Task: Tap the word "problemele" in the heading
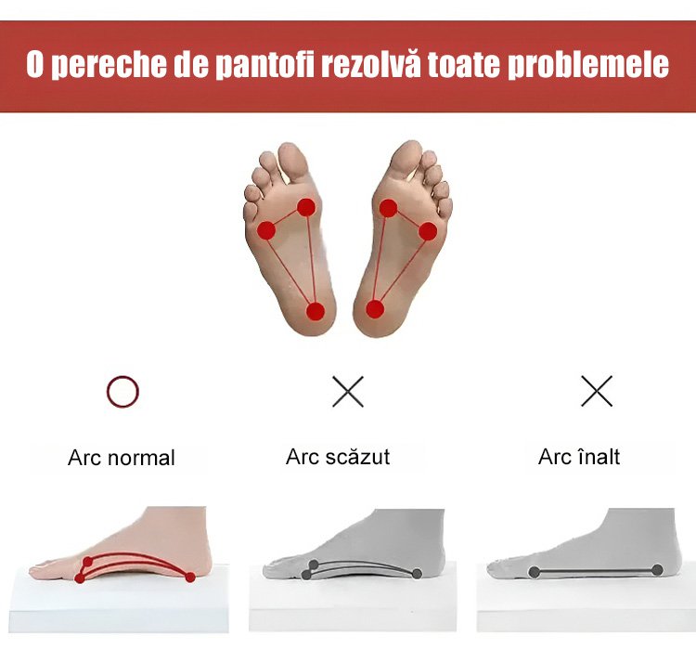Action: (587, 64)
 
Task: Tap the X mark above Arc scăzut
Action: (348, 392)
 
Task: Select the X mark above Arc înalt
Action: (597, 391)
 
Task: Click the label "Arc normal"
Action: (122, 458)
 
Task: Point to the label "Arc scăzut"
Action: (338, 457)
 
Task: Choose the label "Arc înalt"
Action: (579, 457)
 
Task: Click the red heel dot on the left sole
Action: (316, 311)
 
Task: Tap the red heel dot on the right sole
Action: (375, 309)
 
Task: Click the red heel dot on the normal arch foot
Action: (190, 578)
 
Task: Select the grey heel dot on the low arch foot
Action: (417, 574)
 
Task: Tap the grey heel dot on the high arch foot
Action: (657, 570)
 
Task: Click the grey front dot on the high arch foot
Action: (535, 572)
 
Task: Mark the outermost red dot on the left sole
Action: (266, 230)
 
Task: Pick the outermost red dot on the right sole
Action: (428, 231)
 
